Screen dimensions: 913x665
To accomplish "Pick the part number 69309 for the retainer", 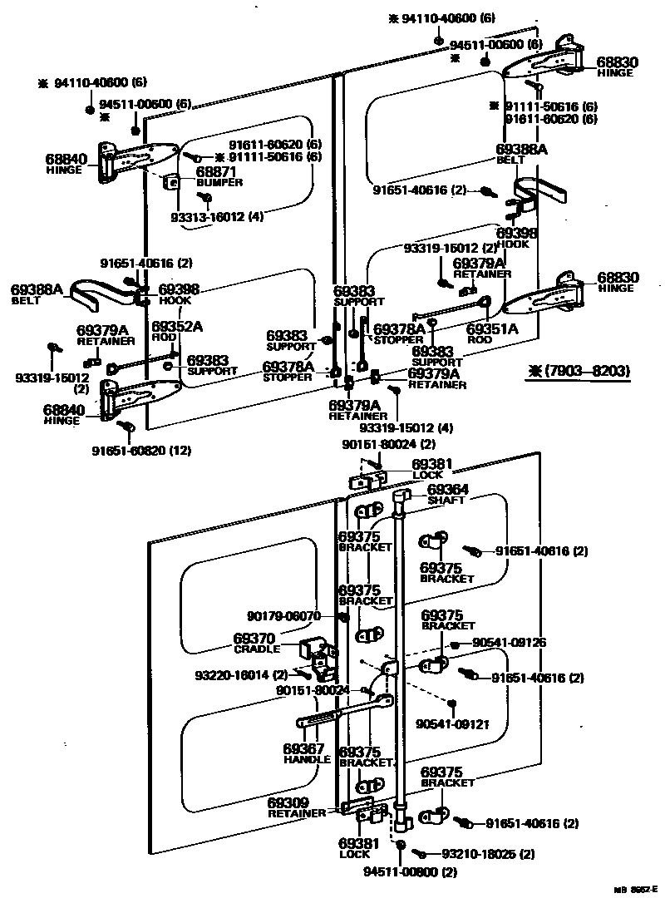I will click(x=288, y=803).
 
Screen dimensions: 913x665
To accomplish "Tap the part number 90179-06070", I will click(x=283, y=616).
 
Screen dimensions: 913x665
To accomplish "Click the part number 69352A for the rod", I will click(x=177, y=326).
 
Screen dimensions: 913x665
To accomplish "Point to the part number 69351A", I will click(x=492, y=329).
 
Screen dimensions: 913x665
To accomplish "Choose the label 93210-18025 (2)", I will click(x=487, y=854).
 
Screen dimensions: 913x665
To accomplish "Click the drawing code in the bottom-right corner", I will click(x=635, y=890).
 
